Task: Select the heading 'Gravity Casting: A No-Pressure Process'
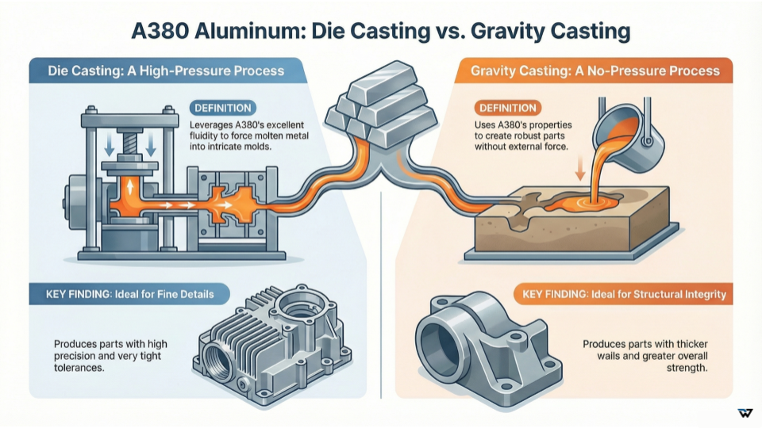tap(595, 71)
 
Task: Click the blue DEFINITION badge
tap(222, 108)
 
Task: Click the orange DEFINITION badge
tap(506, 108)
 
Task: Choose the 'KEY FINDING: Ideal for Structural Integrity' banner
tap(624, 295)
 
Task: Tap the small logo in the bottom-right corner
tap(745, 413)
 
